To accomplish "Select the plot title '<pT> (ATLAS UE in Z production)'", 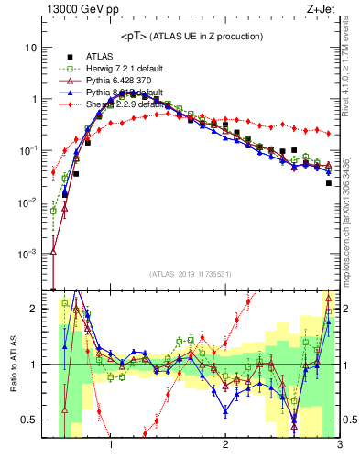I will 191,36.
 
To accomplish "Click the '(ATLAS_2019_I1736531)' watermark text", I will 191,274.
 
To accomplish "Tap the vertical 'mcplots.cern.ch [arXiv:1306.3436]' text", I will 349,211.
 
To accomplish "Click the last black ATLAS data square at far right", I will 328,183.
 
